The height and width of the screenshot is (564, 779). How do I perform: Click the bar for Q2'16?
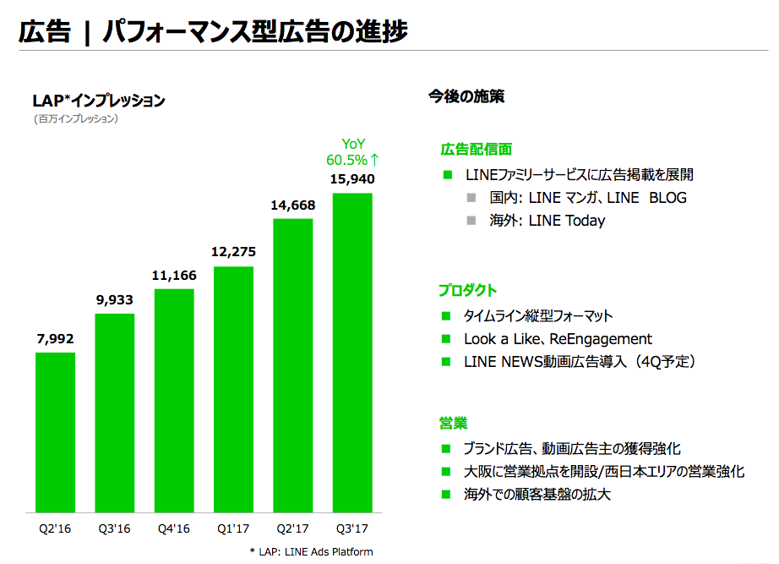[55, 432]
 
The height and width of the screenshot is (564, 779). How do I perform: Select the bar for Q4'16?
[174, 401]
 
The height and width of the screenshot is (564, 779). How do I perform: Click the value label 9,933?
[114, 299]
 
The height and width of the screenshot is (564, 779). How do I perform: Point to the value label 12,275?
[234, 251]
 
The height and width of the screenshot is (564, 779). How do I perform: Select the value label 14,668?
[292, 204]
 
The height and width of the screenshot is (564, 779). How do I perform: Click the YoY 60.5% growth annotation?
[352, 151]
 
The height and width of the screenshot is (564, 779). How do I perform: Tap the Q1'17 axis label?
[234, 530]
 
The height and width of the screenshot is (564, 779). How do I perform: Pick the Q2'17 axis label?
[292, 530]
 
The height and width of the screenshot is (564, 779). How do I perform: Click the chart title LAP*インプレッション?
[99, 101]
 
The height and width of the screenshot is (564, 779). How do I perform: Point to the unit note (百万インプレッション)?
[75, 119]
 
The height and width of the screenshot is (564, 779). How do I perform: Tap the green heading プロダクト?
[467, 290]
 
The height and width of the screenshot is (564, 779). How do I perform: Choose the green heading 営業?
[453, 422]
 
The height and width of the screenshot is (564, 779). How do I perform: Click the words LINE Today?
[567, 221]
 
